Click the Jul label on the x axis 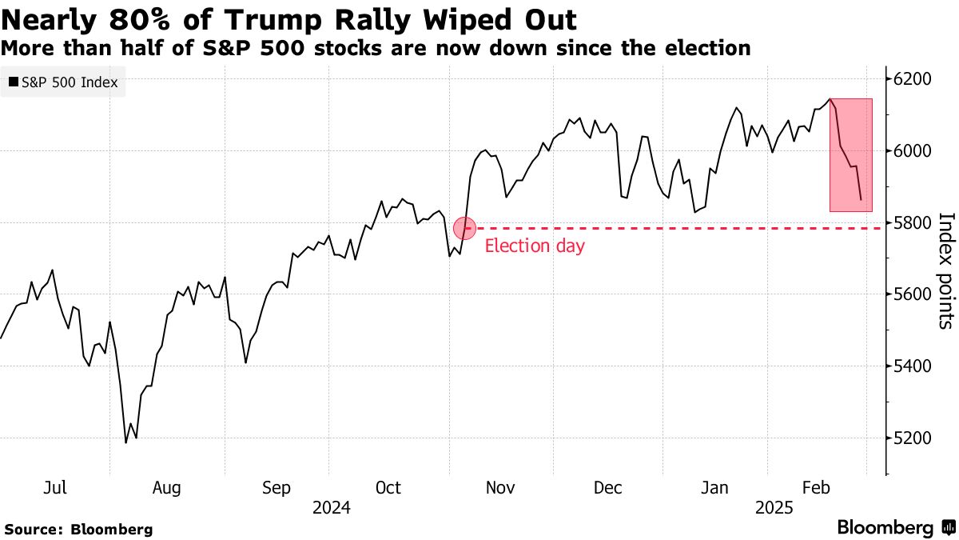[x=55, y=487]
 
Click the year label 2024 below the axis [x=332, y=507]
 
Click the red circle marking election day [x=465, y=228]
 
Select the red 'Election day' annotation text [x=535, y=246]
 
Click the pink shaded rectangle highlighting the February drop [x=850, y=155]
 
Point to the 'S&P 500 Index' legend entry [x=63, y=82]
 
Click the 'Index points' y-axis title [x=945, y=270]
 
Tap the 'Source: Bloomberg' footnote [x=78, y=529]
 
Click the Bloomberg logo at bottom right [x=895, y=527]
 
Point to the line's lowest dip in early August [x=126, y=442]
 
